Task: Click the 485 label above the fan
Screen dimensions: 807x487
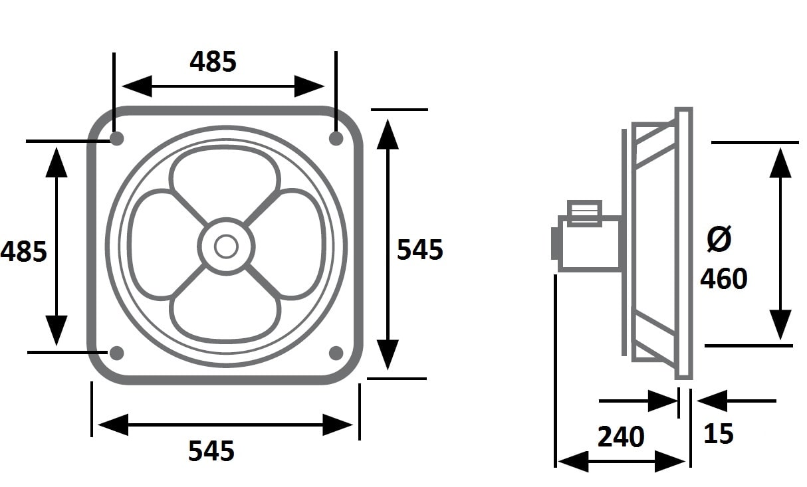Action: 213,62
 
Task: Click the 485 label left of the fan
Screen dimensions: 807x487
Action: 24,251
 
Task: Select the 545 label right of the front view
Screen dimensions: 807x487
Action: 420,249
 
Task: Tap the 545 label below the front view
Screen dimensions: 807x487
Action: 211,450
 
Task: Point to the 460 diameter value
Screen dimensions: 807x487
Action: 724,278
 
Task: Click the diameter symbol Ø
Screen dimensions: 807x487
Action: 719,239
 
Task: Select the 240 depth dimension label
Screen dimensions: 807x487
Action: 621,437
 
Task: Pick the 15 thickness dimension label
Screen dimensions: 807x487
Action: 719,433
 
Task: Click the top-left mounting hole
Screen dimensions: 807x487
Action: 117,138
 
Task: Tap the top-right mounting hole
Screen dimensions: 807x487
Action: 336,138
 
